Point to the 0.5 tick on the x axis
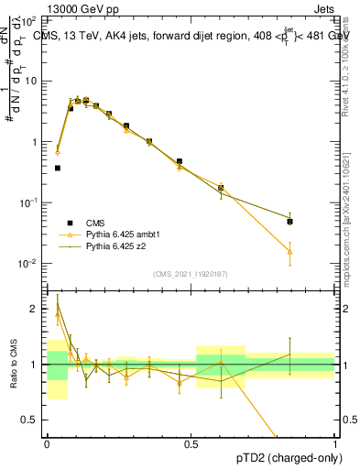191,444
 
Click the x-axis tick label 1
334,444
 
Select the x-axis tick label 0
47,444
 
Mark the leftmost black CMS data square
58,168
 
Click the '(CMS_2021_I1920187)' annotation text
191,274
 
